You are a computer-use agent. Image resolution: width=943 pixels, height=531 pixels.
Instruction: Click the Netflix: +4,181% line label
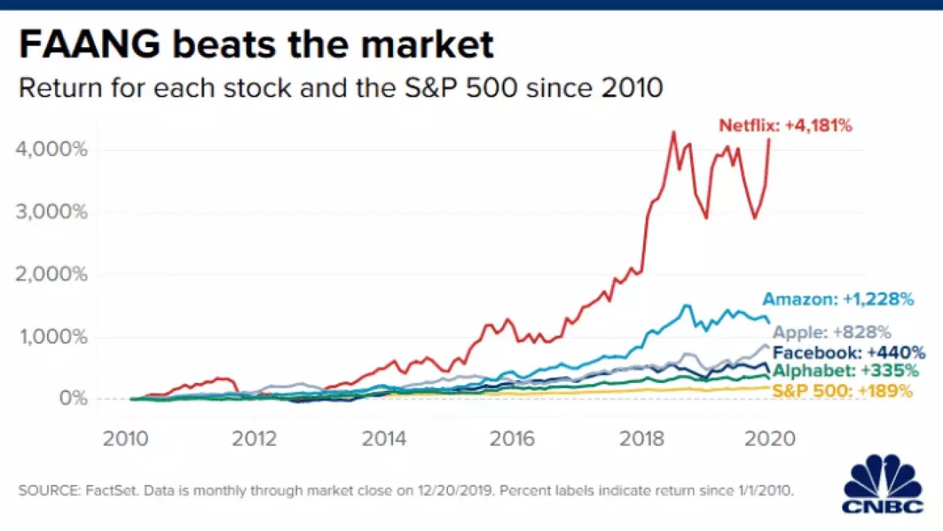point(785,124)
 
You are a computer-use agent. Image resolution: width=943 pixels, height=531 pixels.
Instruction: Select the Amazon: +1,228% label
point(838,299)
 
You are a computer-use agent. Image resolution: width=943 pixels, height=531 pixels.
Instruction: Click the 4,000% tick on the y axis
point(51,149)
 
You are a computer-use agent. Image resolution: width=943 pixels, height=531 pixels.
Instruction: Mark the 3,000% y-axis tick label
point(51,212)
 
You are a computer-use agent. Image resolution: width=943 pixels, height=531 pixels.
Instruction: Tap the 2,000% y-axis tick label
point(51,275)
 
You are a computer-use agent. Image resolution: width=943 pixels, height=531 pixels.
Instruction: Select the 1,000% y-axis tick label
point(51,337)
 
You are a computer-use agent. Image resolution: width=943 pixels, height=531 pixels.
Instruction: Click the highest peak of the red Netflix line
point(673,131)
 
